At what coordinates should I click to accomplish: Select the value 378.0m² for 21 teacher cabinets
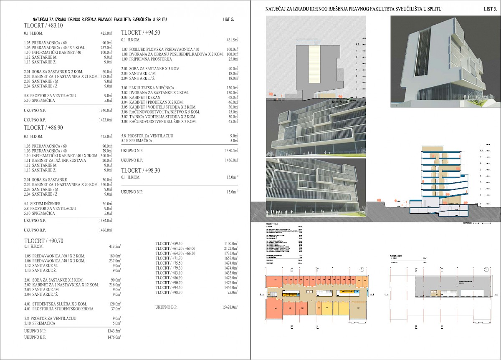click(107, 77)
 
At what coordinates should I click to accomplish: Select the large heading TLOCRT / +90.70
click(44, 241)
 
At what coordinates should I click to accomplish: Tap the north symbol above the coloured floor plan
click(362, 269)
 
